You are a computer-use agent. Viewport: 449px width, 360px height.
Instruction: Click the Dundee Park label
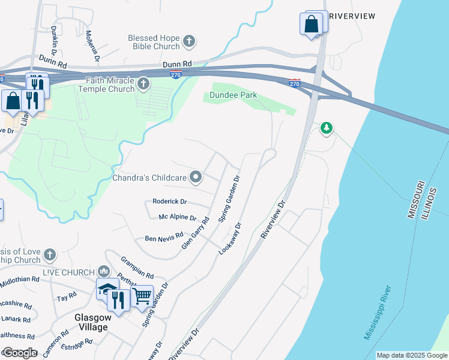click(x=233, y=95)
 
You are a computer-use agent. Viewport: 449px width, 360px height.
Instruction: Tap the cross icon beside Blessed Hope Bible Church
click(x=189, y=41)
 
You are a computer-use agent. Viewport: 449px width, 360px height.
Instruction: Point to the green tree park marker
click(x=326, y=127)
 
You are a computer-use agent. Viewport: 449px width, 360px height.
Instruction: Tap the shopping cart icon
click(x=142, y=295)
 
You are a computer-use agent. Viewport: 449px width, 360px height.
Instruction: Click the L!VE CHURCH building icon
click(x=104, y=272)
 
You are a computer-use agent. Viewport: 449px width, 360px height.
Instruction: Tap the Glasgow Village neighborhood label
click(x=91, y=322)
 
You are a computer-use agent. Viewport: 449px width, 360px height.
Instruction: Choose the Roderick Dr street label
click(x=170, y=202)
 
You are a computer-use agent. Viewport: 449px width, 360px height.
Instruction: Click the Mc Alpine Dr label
click(x=178, y=217)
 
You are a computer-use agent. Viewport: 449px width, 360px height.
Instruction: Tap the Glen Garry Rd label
click(x=195, y=233)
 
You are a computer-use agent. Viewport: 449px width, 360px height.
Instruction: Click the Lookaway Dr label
click(x=230, y=239)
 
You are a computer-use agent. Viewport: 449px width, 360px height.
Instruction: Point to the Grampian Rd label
click(x=137, y=268)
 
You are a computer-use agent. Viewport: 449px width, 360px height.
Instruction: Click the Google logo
click(x=20, y=353)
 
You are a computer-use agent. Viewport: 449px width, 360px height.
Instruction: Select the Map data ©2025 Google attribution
click(x=412, y=355)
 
